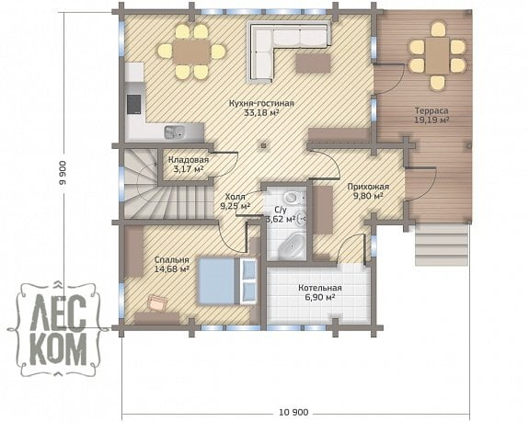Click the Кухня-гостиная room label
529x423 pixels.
(261, 103)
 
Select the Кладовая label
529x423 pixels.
(189, 160)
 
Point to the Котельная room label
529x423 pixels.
(320, 288)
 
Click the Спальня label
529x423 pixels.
(172, 260)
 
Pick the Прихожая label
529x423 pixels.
(368, 187)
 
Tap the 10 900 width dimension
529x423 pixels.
(293, 412)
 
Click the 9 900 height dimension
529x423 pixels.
(63, 173)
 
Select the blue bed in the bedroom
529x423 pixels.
(227, 281)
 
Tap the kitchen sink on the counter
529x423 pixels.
(175, 131)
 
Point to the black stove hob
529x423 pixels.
(133, 104)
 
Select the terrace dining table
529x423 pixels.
(438, 56)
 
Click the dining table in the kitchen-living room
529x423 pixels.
(191, 51)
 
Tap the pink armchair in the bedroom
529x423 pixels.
(157, 302)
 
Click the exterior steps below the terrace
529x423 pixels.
(442, 245)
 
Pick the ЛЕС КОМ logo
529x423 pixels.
(58, 328)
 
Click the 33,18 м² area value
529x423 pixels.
(261, 113)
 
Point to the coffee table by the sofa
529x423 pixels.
(313, 63)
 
